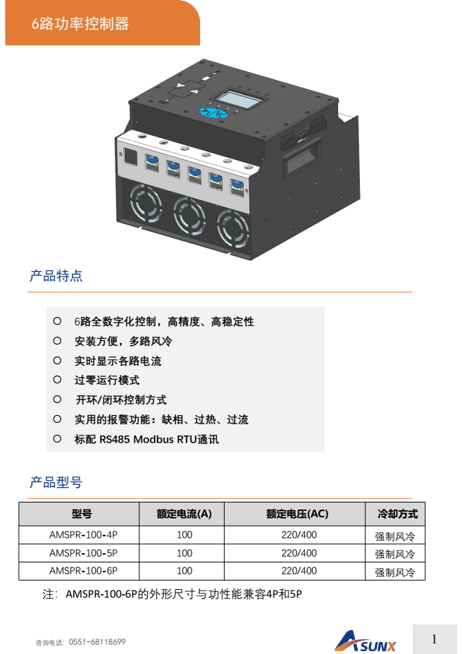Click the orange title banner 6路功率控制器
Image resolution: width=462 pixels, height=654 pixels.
click(x=102, y=23)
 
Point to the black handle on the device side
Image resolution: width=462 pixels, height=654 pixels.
click(x=302, y=157)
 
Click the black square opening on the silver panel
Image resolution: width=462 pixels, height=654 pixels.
click(x=130, y=157)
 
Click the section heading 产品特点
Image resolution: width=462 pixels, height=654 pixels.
click(x=56, y=276)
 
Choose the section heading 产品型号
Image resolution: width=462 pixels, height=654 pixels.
click(x=56, y=482)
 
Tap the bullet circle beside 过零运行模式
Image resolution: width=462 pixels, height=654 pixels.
click(x=57, y=380)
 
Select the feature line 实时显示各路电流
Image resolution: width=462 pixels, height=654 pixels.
click(x=118, y=361)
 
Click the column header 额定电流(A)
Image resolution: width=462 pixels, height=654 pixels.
click(x=184, y=514)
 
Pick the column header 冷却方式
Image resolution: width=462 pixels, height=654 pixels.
click(x=397, y=514)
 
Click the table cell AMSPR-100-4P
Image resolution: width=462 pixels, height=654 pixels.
click(x=83, y=535)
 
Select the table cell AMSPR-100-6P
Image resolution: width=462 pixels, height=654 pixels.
click(x=83, y=571)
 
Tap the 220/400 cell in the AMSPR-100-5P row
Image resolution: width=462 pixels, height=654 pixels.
click(x=299, y=553)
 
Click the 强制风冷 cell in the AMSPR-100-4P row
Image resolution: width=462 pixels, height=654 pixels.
click(x=395, y=536)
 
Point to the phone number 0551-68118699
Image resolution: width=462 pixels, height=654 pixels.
click(x=97, y=642)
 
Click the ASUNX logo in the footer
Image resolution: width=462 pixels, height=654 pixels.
click(x=366, y=641)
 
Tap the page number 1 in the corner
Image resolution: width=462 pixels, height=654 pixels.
click(x=434, y=639)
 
